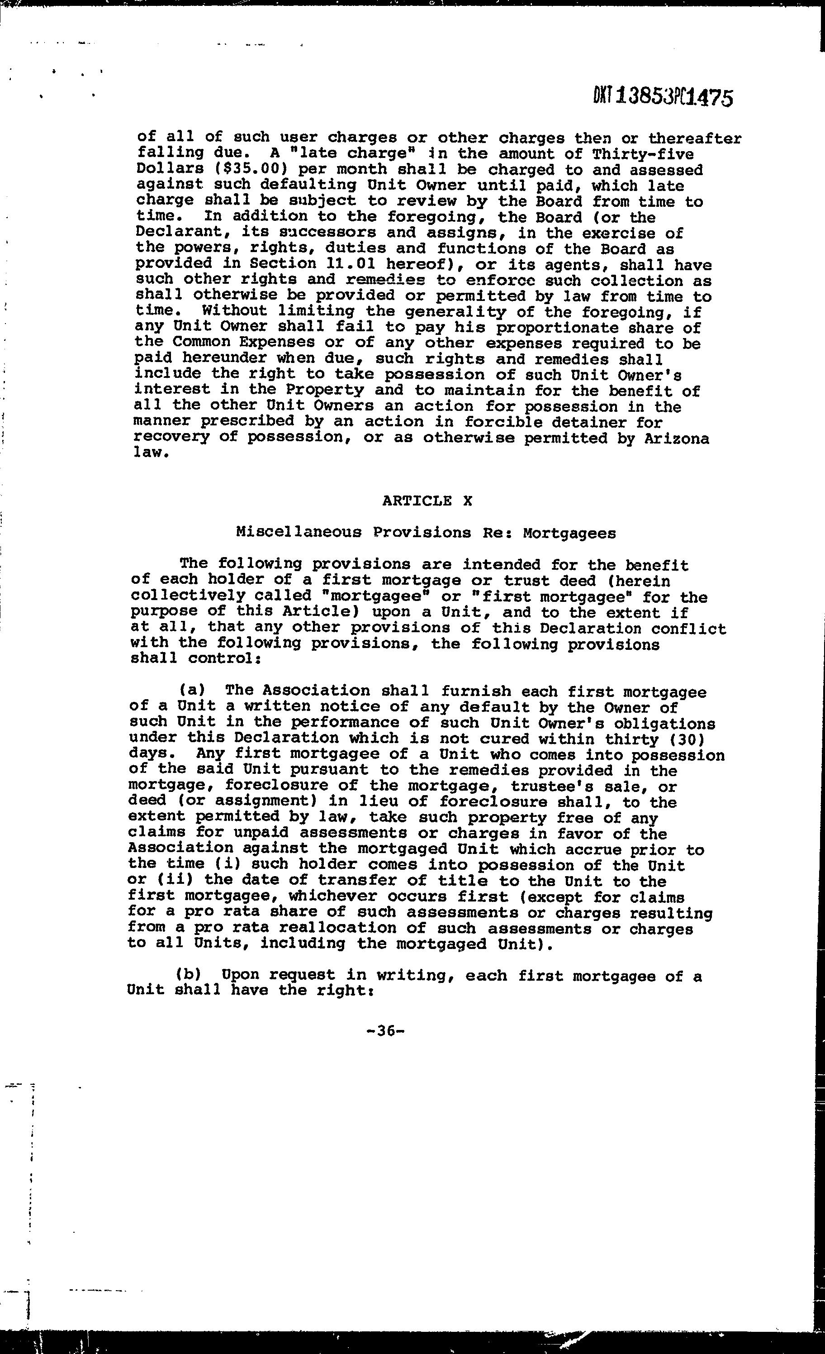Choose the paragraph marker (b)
[188, 974]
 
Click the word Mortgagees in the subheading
[569, 533]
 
